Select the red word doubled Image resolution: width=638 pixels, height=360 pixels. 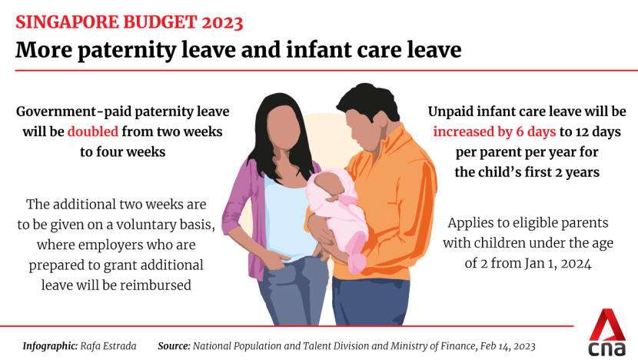[x=92, y=132]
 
